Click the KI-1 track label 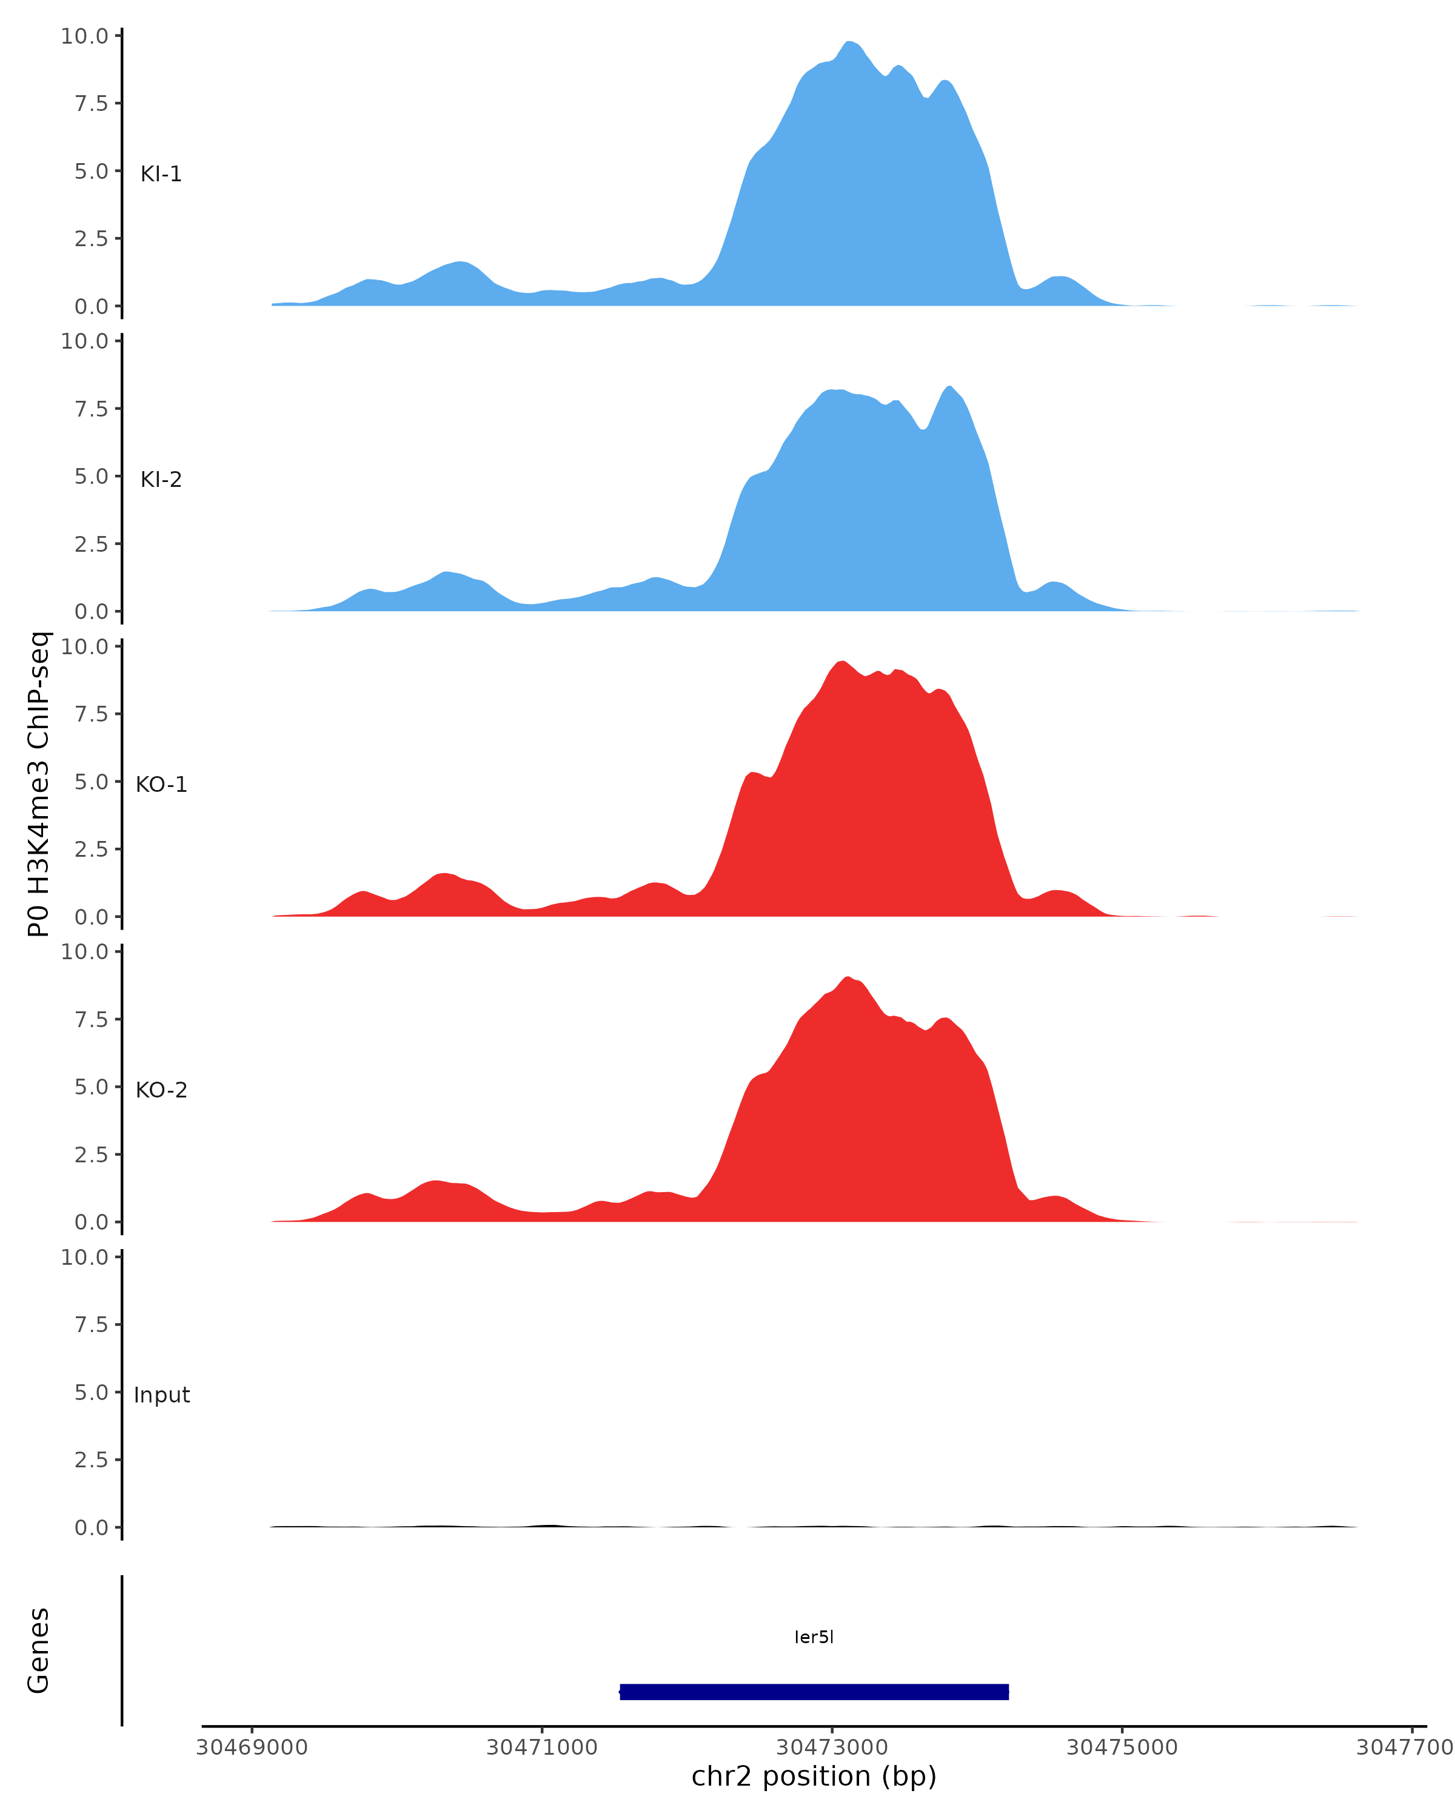tap(161, 175)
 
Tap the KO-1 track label tap(161, 785)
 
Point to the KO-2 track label tap(161, 1090)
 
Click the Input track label tap(161, 1395)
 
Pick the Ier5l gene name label tap(814, 1636)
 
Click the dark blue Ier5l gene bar tap(814, 1692)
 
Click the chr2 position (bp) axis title tap(814, 1777)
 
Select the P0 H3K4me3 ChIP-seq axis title tap(39, 785)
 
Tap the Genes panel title tap(39, 1650)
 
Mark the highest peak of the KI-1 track tap(850, 42)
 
